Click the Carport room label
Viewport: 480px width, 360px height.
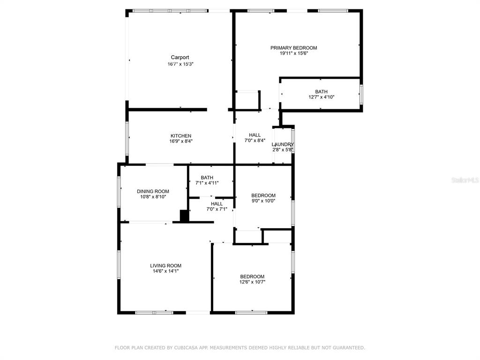click(x=180, y=57)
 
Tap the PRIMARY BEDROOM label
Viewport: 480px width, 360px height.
click(x=293, y=48)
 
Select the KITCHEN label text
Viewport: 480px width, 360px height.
click(x=181, y=136)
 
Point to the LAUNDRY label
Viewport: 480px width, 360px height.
click(x=283, y=144)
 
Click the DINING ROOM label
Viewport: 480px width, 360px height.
click(x=153, y=191)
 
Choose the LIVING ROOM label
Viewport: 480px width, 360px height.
click(x=165, y=266)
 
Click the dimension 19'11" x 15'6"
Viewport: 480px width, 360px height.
click(x=293, y=53)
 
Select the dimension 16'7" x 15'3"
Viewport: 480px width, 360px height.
click(x=180, y=64)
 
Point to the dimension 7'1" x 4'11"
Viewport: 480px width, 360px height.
click(x=207, y=183)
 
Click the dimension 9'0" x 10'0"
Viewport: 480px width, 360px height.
click(x=263, y=201)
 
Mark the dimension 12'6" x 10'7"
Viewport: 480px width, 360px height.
click(x=252, y=282)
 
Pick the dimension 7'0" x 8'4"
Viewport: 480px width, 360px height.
click(x=255, y=141)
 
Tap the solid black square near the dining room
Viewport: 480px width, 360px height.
click(x=184, y=216)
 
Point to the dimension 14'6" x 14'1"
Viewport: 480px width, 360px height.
click(x=165, y=271)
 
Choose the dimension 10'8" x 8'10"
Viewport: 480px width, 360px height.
click(x=153, y=197)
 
